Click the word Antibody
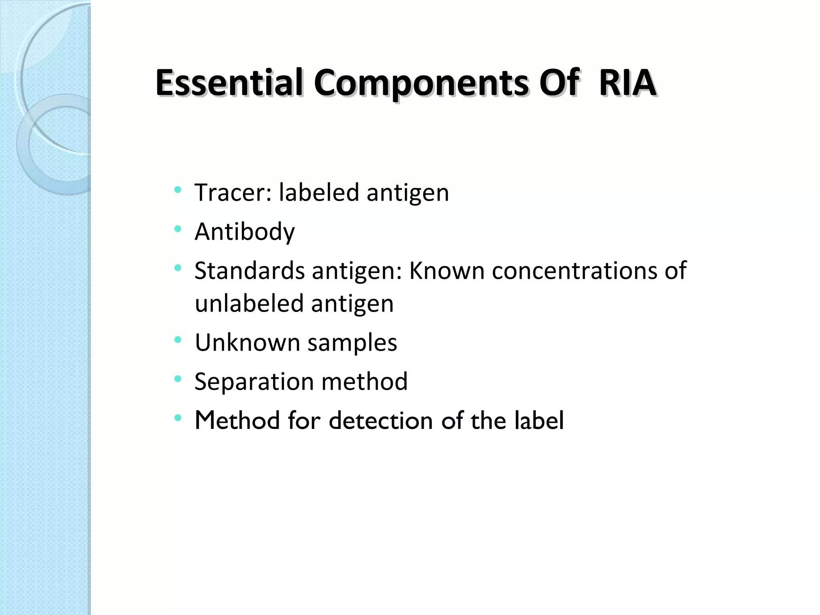[245, 232]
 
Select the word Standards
[249, 271]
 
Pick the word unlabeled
[249, 303]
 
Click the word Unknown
[247, 343]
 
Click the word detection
[381, 421]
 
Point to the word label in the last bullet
[539, 421]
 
